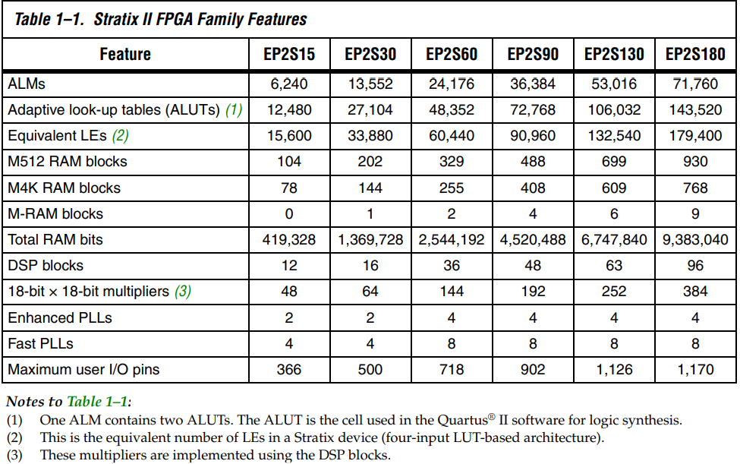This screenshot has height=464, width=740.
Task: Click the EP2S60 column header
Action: tap(452, 55)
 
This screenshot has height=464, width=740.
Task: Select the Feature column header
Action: tap(125, 55)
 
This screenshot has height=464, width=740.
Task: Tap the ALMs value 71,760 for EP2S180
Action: tap(695, 84)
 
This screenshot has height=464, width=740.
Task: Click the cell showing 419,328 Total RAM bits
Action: tap(289, 240)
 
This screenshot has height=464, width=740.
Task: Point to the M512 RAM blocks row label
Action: tap(68, 162)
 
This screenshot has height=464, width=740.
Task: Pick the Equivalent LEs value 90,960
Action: tap(533, 136)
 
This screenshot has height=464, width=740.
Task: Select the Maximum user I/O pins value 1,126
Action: tap(614, 370)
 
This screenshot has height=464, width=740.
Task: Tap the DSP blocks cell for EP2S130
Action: tap(614, 266)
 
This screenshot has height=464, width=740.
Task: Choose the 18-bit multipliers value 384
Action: tap(695, 292)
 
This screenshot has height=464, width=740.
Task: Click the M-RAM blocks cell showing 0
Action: tap(289, 214)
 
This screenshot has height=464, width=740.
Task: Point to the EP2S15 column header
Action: tap(289, 55)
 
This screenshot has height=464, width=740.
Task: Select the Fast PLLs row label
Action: tap(40, 344)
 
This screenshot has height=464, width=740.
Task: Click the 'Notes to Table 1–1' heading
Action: tap(69, 401)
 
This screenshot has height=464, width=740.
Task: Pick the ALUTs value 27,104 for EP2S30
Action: tap(370, 110)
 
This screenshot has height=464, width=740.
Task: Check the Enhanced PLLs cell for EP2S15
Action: tap(289, 318)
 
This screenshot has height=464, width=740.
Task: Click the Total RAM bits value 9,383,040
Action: tap(695, 240)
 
